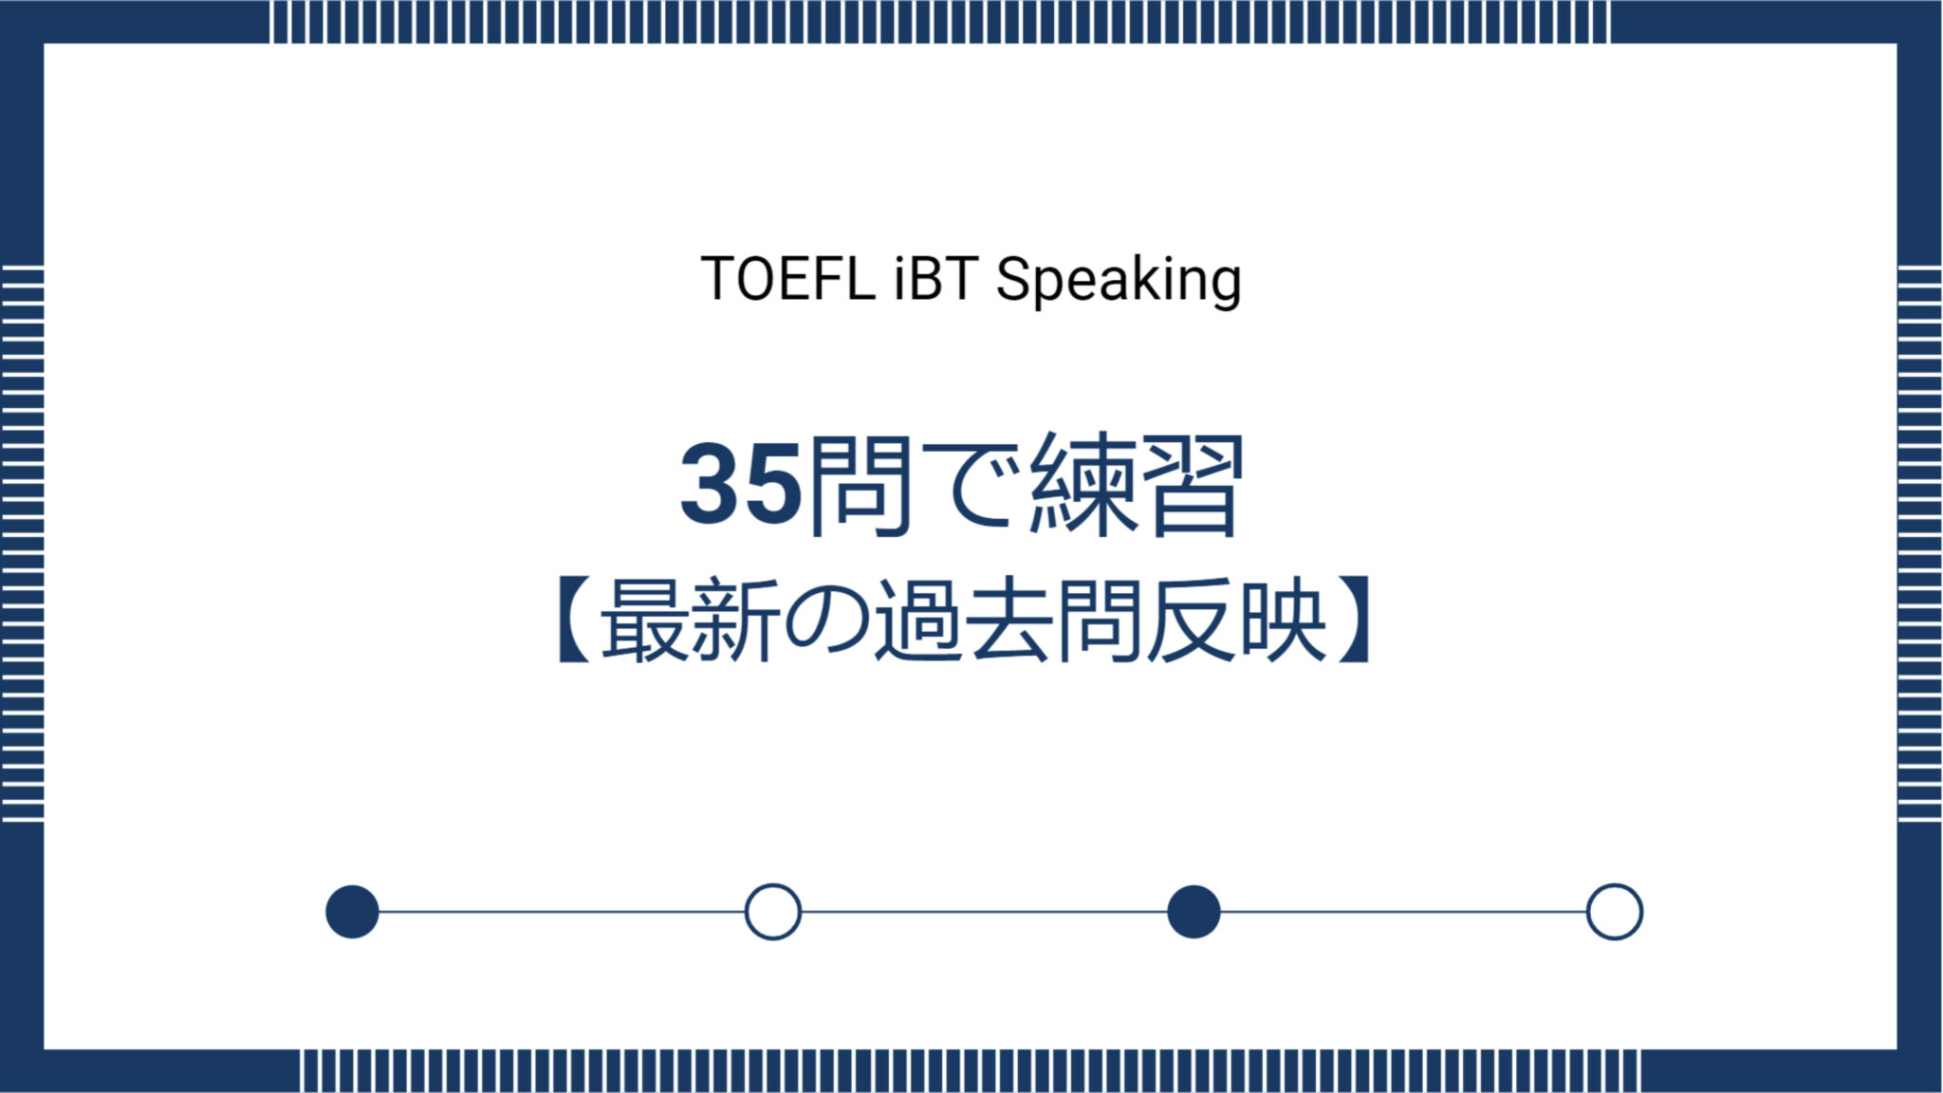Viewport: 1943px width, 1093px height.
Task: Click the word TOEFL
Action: pyautogui.click(x=786, y=279)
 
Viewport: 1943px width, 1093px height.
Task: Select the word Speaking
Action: pyautogui.click(x=1119, y=281)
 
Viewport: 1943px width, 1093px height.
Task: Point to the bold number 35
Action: pyautogui.click(x=741, y=486)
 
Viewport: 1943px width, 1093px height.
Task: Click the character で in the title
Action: pyautogui.click(x=977, y=486)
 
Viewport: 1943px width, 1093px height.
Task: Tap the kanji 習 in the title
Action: pyautogui.click(x=1192, y=486)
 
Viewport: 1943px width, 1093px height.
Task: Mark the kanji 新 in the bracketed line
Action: pyautogui.click(x=735, y=621)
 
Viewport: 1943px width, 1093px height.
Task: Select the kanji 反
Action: pyautogui.click(x=1191, y=621)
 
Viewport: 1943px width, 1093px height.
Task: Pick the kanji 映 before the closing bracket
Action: pyautogui.click(x=1282, y=621)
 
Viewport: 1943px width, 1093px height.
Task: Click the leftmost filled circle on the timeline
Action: pyautogui.click(x=352, y=912)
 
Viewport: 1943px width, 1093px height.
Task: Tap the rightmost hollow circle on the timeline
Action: pyautogui.click(x=1614, y=912)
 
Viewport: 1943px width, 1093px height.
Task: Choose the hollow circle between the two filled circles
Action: pyautogui.click(x=772, y=912)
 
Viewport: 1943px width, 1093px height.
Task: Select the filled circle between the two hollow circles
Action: pyautogui.click(x=1194, y=912)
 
